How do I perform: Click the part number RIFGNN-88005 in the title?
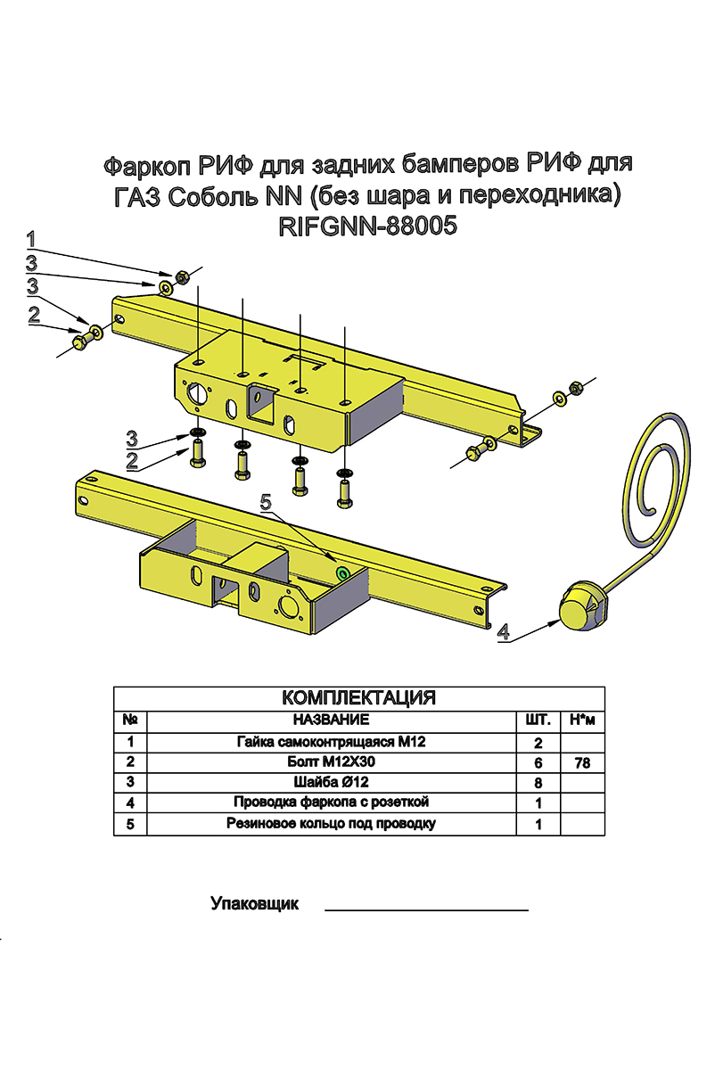tap(368, 226)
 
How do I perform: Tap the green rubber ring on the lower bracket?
tap(341, 572)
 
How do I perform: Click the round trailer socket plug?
tap(582, 604)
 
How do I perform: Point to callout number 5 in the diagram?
tap(265, 503)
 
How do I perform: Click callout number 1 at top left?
tap(31, 238)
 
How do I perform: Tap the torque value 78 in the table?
tap(582, 763)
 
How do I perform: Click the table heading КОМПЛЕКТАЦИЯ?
tap(358, 697)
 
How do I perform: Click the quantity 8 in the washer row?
tap(538, 783)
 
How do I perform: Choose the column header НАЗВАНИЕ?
tap(330, 719)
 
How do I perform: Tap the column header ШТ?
tap(538, 719)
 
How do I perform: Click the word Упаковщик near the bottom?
tap(254, 904)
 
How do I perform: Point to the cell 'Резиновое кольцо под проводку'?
tap(332, 824)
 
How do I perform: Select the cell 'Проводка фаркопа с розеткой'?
tap(332, 803)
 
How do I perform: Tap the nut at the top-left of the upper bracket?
tap(180, 277)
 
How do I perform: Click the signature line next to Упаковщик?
tap(426, 910)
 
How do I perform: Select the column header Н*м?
tap(582, 719)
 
